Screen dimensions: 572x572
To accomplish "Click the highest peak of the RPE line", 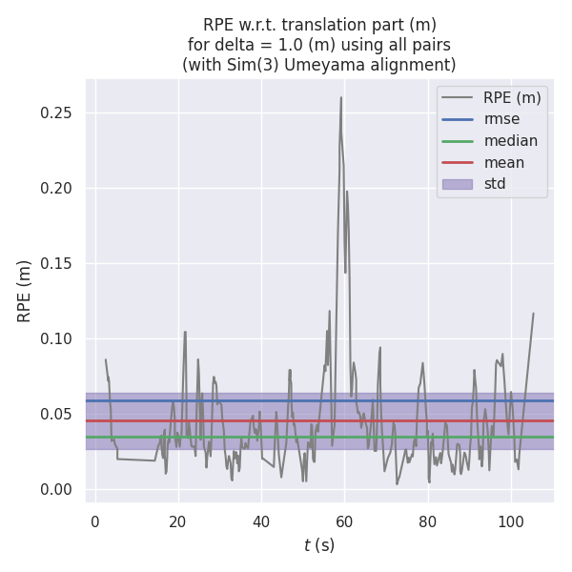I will [341, 97].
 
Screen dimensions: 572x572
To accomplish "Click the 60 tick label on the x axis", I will [344, 521].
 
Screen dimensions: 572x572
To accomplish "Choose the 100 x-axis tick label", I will [511, 521].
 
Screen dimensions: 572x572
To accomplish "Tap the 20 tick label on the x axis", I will [178, 521].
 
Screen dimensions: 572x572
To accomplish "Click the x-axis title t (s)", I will [319, 545].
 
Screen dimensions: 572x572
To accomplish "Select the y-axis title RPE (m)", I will [25, 291].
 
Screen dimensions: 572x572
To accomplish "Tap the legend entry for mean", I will [503, 163].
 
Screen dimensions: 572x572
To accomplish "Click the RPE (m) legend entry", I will [512, 97].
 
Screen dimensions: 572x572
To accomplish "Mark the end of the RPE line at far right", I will [533, 313].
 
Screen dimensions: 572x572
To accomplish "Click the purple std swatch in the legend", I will [458, 184].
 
